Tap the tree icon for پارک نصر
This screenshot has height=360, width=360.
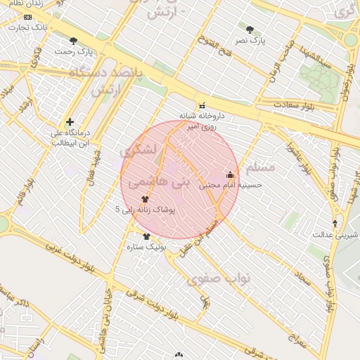[250, 30]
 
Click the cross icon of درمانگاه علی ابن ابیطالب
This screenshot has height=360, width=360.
[70, 122]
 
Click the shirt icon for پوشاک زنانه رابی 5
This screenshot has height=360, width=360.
[145, 199]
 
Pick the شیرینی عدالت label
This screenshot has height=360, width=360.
[335, 234]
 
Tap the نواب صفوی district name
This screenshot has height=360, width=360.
[219, 279]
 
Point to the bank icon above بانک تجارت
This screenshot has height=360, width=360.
[27, 16]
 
